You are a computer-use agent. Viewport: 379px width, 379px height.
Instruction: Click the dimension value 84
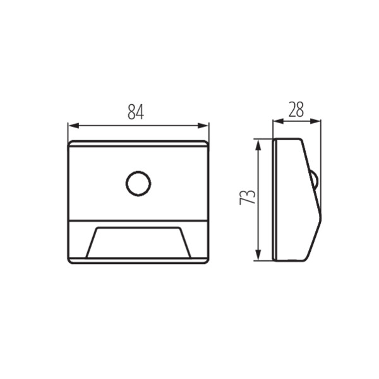pos(136,112)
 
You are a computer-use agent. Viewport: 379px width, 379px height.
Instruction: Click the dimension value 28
pos(296,109)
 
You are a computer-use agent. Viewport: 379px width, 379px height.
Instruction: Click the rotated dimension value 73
pos(247,197)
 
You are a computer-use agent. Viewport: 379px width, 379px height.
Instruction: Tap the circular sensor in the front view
pos(138,183)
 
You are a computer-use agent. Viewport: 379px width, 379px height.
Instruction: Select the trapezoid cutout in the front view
pos(138,242)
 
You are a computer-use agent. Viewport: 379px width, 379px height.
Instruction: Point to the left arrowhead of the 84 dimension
pos(73,126)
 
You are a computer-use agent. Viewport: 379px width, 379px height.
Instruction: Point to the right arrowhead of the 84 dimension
pos(203,126)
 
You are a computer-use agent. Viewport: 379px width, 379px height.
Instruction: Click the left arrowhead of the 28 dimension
pos(278,121)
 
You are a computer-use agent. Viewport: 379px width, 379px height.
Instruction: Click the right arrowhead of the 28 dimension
pos(315,121)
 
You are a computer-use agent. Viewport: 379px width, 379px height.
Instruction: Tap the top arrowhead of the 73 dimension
pos(258,145)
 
